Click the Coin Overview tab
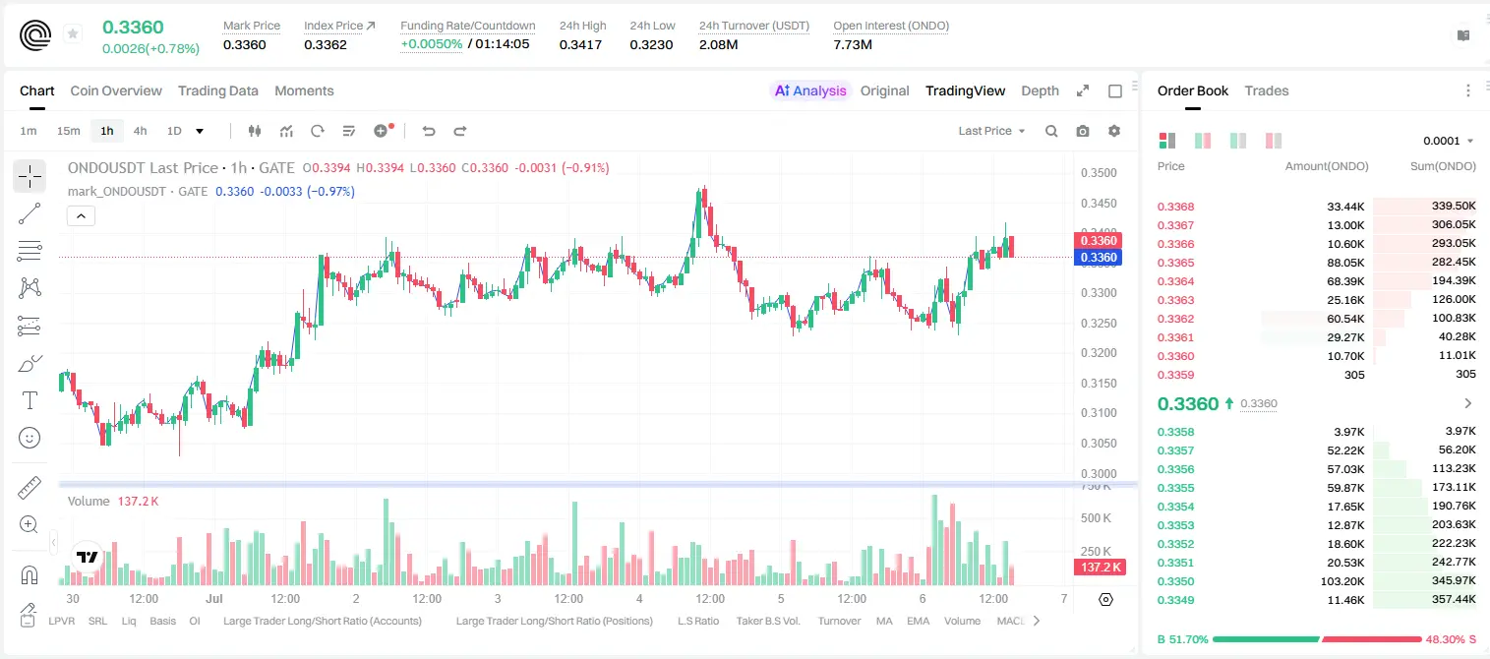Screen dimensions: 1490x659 (x=116, y=90)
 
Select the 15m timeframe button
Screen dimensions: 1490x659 (x=68, y=131)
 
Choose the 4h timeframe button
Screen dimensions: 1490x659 (x=140, y=131)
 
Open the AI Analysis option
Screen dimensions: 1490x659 (x=810, y=90)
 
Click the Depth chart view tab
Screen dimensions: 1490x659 (x=1040, y=90)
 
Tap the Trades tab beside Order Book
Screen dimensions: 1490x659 (x=1267, y=90)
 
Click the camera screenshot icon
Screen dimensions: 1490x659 (x=1083, y=131)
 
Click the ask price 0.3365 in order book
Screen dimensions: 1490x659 (x=1175, y=263)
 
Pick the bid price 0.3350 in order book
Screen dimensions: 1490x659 (x=1175, y=581)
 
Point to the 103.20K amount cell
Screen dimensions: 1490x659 (x=1342, y=581)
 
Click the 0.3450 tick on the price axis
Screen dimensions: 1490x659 (x=1099, y=203)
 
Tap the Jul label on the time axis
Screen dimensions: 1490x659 (x=214, y=598)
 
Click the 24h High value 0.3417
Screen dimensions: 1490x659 (x=580, y=44)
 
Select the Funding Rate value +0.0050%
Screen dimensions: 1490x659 (x=431, y=44)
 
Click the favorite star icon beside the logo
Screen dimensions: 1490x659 (x=73, y=33)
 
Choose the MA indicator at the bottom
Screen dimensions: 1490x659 (x=884, y=621)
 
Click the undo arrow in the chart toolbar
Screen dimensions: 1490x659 (x=429, y=131)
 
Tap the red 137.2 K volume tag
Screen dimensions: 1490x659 (x=1100, y=568)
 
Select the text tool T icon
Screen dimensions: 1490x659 (x=30, y=400)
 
